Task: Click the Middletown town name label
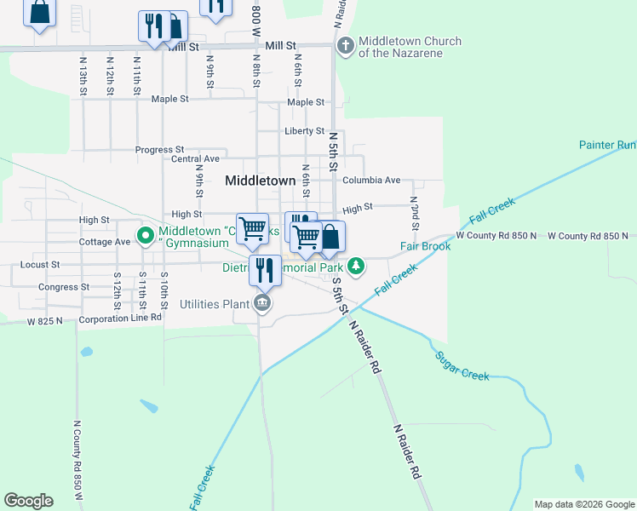click(260, 181)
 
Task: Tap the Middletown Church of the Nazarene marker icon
click(345, 46)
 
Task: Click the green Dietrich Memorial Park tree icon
click(357, 267)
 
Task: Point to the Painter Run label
click(608, 145)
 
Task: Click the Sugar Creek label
click(464, 366)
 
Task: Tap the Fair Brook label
click(425, 246)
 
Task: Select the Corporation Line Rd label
click(119, 319)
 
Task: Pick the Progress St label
click(159, 150)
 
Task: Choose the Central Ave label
click(195, 158)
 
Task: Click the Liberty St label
click(304, 131)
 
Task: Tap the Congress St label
click(64, 287)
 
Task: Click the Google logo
click(28, 501)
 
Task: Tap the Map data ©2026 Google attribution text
click(584, 504)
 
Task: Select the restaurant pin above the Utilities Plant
click(265, 270)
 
